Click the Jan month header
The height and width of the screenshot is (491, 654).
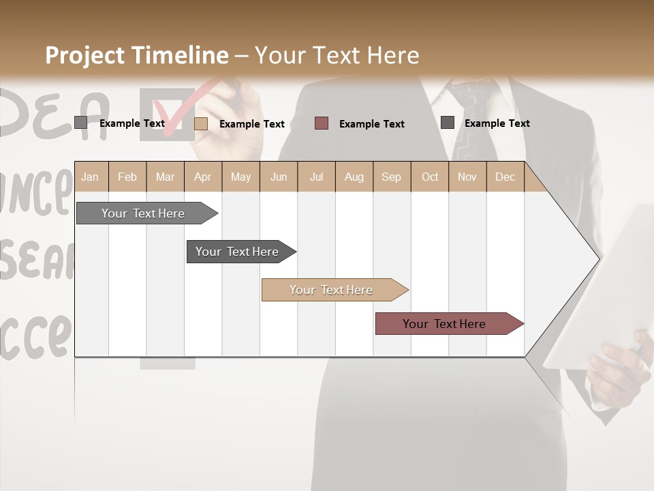[x=90, y=177]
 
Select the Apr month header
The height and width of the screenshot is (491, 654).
[x=202, y=177]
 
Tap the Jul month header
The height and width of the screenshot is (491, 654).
[x=316, y=177]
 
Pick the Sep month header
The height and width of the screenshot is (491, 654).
[x=391, y=177]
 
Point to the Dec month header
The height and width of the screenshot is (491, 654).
[x=505, y=177]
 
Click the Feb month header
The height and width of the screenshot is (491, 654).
[x=127, y=177]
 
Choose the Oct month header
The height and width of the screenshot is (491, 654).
[x=430, y=177]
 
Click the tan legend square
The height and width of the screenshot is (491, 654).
[x=200, y=123]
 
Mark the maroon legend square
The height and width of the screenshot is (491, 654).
[x=322, y=123]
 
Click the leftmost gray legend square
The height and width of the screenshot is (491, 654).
[x=80, y=123]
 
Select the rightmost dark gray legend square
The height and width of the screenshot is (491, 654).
[x=447, y=122]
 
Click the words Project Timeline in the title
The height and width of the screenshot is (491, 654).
[x=137, y=55]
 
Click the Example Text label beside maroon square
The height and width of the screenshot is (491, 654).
[x=371, y=124]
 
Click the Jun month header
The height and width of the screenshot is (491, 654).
[x=279, y=177]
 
